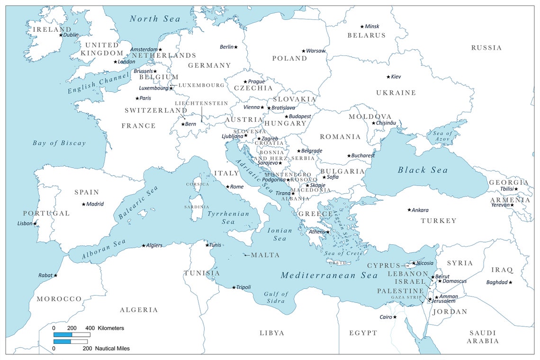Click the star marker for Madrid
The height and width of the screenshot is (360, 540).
(84, 204)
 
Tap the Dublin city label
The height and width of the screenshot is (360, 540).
(71, 35)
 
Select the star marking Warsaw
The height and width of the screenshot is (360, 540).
(304, 51)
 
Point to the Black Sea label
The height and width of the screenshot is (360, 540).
(422, 170)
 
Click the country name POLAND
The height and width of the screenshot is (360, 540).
(289, 58)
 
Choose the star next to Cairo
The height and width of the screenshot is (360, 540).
(395, 317)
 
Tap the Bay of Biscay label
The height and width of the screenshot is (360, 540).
(59, 143)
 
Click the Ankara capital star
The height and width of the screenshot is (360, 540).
(409, 210)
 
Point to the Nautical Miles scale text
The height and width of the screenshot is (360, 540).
(112, 348)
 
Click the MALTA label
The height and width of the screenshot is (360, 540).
(265, 255)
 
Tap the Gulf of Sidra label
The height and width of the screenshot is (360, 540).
(276, 297)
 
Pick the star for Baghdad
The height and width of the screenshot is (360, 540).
(511, 282)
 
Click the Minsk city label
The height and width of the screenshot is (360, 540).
(372, 27)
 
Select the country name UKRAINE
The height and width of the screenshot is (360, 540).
(396, 93)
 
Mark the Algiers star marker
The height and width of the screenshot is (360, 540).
(144, 245)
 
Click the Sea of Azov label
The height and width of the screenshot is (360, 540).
(442, 136)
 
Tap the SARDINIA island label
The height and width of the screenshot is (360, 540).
(197, 207)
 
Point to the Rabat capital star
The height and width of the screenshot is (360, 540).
(55, 275)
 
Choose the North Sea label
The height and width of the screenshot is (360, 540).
(155, 19)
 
